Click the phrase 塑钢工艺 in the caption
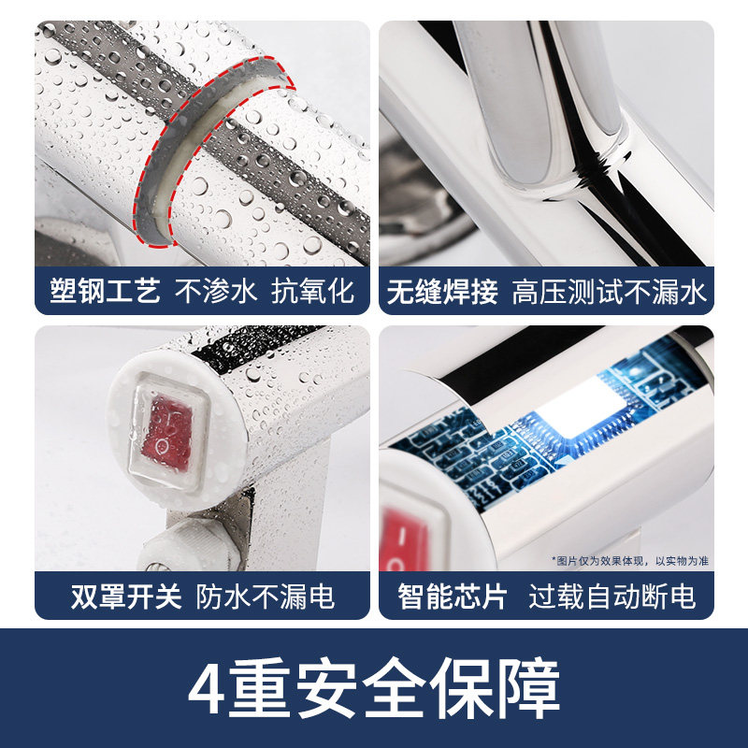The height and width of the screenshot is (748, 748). click(105, 291)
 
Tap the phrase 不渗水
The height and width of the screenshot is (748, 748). click(216, 291)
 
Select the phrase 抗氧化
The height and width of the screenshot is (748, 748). click(313, 291)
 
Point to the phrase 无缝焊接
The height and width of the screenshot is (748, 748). click(442, 292)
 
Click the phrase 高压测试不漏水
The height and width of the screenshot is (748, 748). click(609, 292)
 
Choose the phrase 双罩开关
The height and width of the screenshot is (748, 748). click(126, 596)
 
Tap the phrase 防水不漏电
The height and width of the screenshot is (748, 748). click(266, 596)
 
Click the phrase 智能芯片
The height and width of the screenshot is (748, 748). click(453, 596)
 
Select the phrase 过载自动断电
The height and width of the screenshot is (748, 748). click(612, 596)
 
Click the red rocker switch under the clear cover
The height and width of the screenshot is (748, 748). click(167, 433)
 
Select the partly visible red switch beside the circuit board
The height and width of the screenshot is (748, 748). click(403, 539)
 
